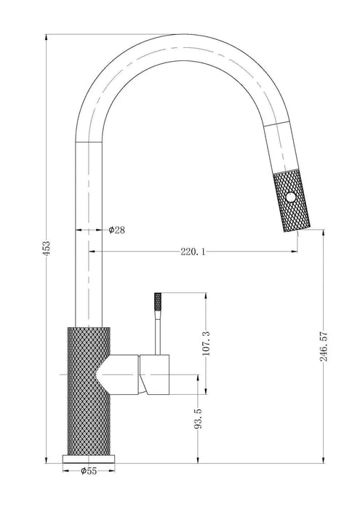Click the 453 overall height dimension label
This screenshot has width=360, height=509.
(47, 249)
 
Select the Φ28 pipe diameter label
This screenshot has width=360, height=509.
(117, 231)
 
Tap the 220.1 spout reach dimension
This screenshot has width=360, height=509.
(193, 252)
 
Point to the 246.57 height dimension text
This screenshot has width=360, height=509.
(324, 346)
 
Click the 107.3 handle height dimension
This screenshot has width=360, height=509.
(206, 343)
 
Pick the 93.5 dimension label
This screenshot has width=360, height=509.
(198, 419)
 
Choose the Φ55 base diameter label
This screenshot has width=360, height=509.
(89, 470)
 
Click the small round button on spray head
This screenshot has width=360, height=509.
(291, 197)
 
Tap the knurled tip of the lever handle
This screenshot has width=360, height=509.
(158, 302)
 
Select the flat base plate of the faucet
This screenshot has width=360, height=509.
(88, 459)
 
